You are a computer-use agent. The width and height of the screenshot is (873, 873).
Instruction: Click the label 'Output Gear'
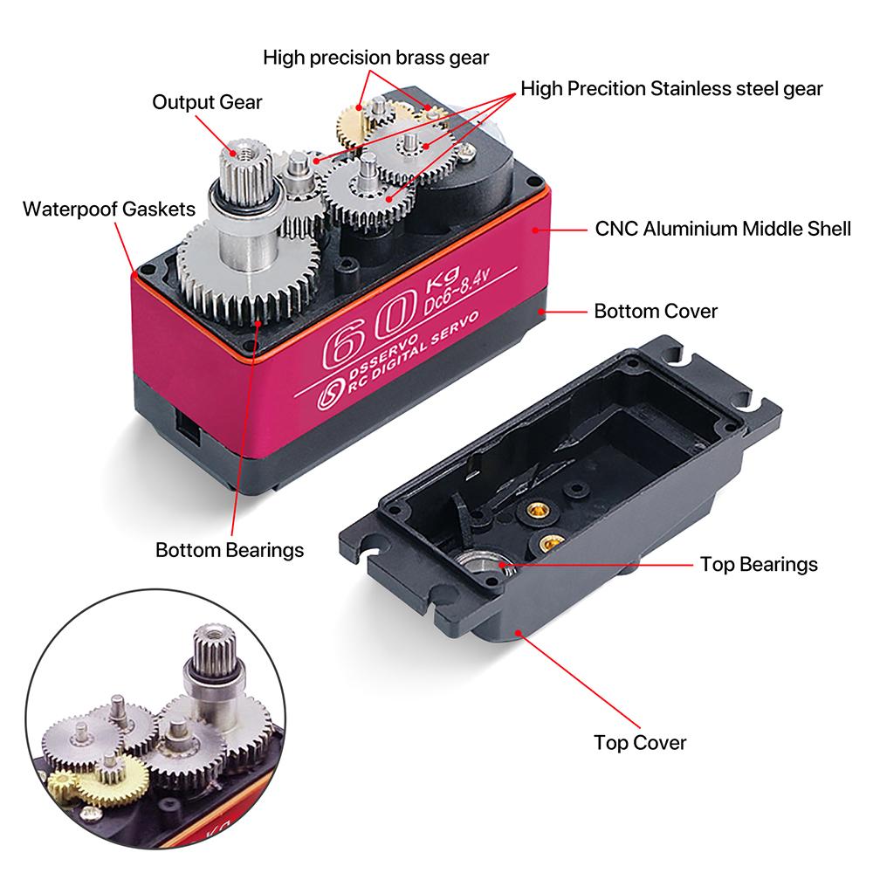coord(207,102)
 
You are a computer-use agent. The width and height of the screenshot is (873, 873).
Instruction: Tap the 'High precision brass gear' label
coord(376,58)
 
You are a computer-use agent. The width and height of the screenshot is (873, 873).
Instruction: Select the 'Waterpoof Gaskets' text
coord(109,210)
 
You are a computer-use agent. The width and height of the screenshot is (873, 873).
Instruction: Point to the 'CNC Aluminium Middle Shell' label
coord(723,230)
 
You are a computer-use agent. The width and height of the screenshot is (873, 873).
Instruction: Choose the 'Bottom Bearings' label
coord(230,550)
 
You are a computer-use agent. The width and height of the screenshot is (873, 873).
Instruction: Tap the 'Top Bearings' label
coord(759,564)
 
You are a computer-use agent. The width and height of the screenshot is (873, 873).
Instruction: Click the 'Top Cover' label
coord(640,743)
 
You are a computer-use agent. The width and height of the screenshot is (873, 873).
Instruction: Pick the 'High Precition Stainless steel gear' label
coord(671,88)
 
